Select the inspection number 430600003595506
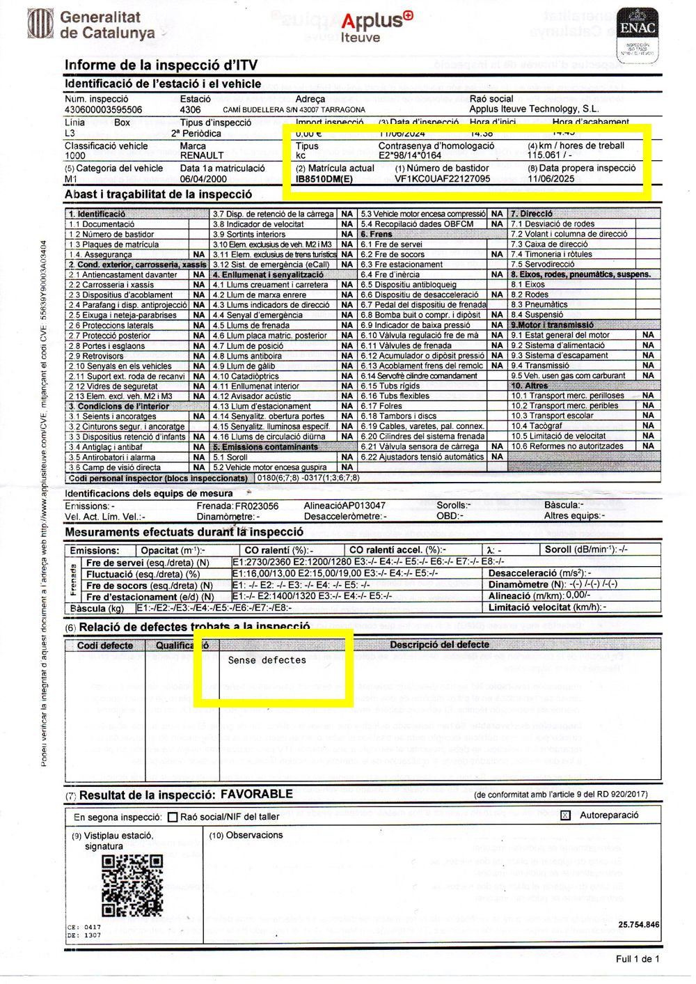(104, 110)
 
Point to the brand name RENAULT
(202, 156)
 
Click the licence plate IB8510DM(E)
(324, 179)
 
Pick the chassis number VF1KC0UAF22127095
(443, 179)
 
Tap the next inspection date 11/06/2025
(551, 179)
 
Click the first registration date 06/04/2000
(203, 179)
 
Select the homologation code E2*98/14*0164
(410, 156)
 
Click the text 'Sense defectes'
(267, 660)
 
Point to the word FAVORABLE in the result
(257, 794)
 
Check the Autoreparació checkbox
(565, 815)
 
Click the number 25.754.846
(638, 925)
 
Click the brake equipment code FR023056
(257, 506)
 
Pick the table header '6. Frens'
(377, 235)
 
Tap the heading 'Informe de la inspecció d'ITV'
(161, 65)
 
